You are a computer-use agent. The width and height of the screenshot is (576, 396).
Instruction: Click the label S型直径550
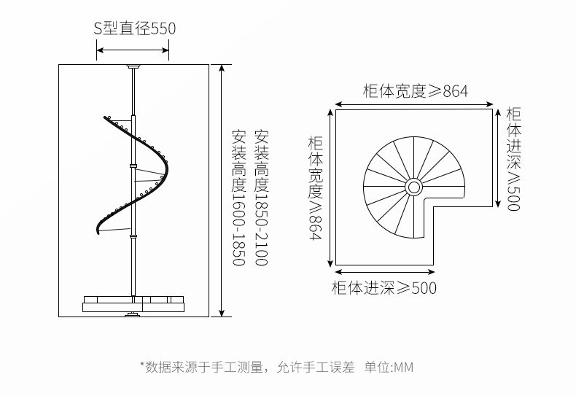coord(134,29)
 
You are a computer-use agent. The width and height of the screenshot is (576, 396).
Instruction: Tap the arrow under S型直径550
coord(133,50)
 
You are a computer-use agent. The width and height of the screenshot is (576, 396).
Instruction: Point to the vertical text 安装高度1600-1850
coord(238,198)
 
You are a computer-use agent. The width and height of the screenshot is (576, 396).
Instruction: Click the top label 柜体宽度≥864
coord(415,91)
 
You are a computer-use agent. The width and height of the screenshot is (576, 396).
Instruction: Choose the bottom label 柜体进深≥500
coord(384,288)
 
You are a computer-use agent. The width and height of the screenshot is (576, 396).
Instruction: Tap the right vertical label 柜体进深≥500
coord(513,159)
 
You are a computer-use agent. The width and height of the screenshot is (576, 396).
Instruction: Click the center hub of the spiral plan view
coord(413,187)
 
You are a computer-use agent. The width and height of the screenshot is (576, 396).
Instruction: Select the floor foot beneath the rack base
coord(133,314)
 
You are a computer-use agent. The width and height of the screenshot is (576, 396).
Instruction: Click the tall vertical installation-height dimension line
coord(221,190)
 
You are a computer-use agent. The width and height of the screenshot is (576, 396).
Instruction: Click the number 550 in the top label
coord(163,29)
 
